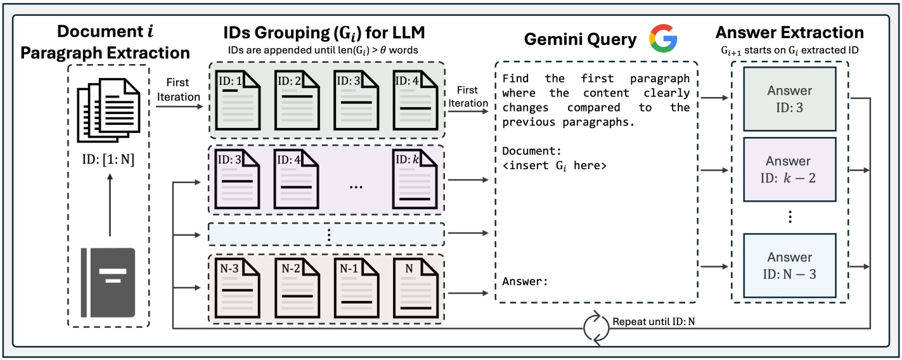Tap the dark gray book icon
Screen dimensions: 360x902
pyautogui.click(x=108, y=282)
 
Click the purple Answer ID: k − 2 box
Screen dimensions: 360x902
pyautogui.click(x=789, y=169)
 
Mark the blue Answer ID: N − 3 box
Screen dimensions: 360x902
pyautogui.click(x=789, y=266)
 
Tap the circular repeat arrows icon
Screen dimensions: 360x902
pyautogui.click(x=595, y=328)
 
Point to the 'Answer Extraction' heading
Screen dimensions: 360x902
pyautogui.click(x=789, y=33)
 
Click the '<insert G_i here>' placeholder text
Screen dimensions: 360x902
pyautogui.click(x=555, y=166)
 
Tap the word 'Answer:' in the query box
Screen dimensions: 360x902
pyautogui.click(x=525, y=281)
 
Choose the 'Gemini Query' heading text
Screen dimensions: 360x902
pyautogui.click(x=580, y=39)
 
